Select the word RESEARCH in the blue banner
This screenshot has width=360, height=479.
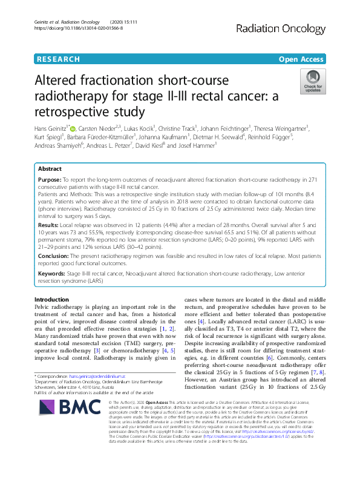coord(58,59)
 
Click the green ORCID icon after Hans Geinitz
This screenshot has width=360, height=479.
coord(75,128)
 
